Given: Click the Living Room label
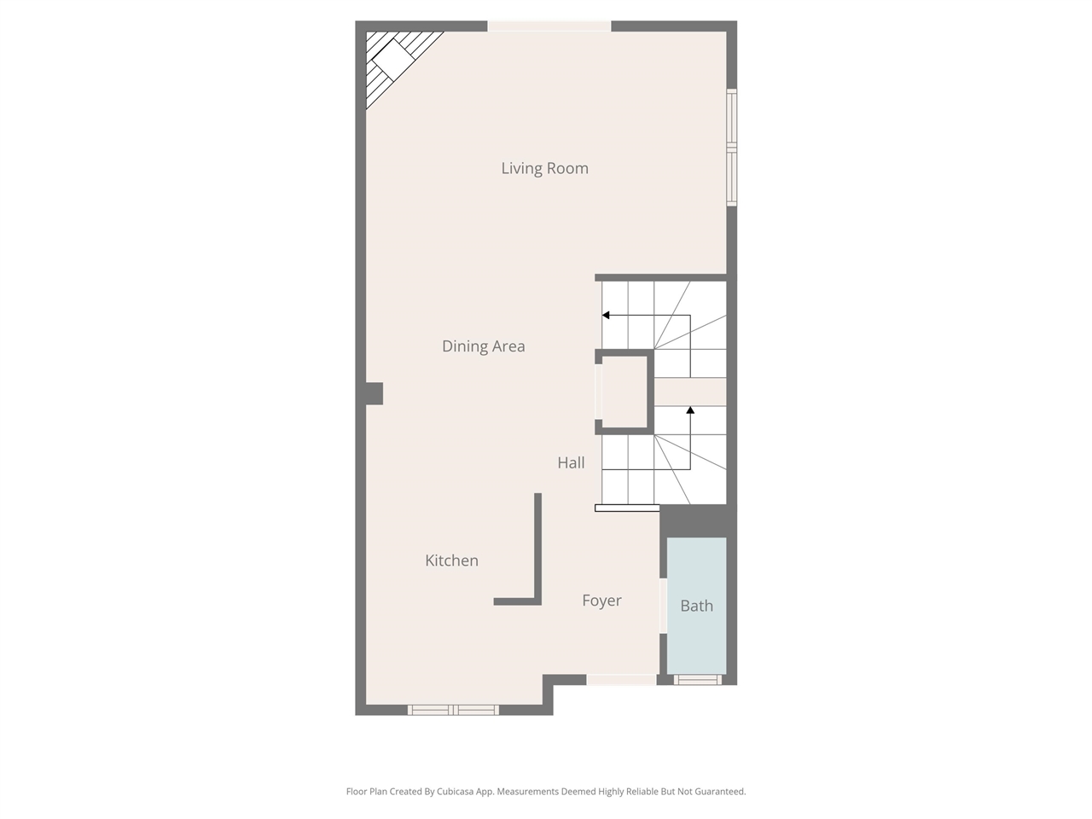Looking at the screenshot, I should click(544, 169).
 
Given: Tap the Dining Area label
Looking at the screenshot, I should click(483, 346).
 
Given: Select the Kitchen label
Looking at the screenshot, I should click(451, 561).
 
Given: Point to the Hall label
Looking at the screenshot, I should click(571, 463).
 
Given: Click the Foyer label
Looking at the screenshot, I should click(601, 601).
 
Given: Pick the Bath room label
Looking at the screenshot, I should click(696, 606).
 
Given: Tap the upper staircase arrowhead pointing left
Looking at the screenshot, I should click(606, 316).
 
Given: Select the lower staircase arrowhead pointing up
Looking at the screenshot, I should click(690, 410).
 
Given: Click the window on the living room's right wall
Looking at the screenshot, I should click(731, 148).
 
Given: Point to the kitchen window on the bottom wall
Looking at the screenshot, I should click(453, 710).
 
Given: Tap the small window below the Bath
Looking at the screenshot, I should click(698, 680).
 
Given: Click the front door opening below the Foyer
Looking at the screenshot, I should click(621, 680).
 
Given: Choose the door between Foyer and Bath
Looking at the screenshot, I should click(663, 607).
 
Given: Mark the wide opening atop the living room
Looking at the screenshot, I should click(549, 26).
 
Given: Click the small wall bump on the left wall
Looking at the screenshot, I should click(375, 393).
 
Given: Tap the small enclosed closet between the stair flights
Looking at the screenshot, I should click(624, 392).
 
